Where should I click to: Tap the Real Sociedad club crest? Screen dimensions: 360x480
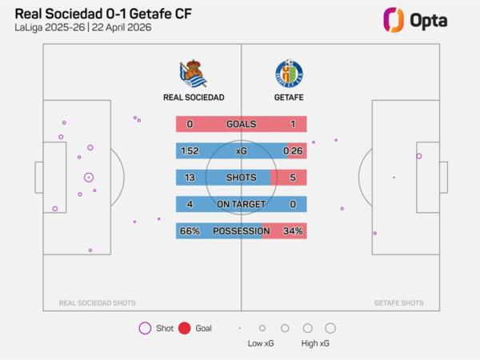click(x=193, y=73)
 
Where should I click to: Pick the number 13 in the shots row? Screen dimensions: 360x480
click(x=190, y=178)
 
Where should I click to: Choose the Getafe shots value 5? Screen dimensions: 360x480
click(x=293, y=178)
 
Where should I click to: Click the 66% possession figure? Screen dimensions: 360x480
click(x=190, y=231)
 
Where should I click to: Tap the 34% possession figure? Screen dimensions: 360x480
click(x=293, y=231)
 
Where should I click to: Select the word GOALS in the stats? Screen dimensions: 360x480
click(x=241, y=124)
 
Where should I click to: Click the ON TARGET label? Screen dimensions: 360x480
click(x=241, y=205)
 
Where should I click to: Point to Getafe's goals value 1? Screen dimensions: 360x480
click(x=293, y=124)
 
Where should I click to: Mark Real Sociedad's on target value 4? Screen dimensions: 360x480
click(x=190, y=205)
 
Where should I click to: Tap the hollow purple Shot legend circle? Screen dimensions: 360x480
click(x=145, y=328)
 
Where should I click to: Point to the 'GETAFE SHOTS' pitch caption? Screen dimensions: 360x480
click(x=398, y=303)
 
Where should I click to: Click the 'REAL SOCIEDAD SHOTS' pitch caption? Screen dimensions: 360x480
click(x=97, y=303)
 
